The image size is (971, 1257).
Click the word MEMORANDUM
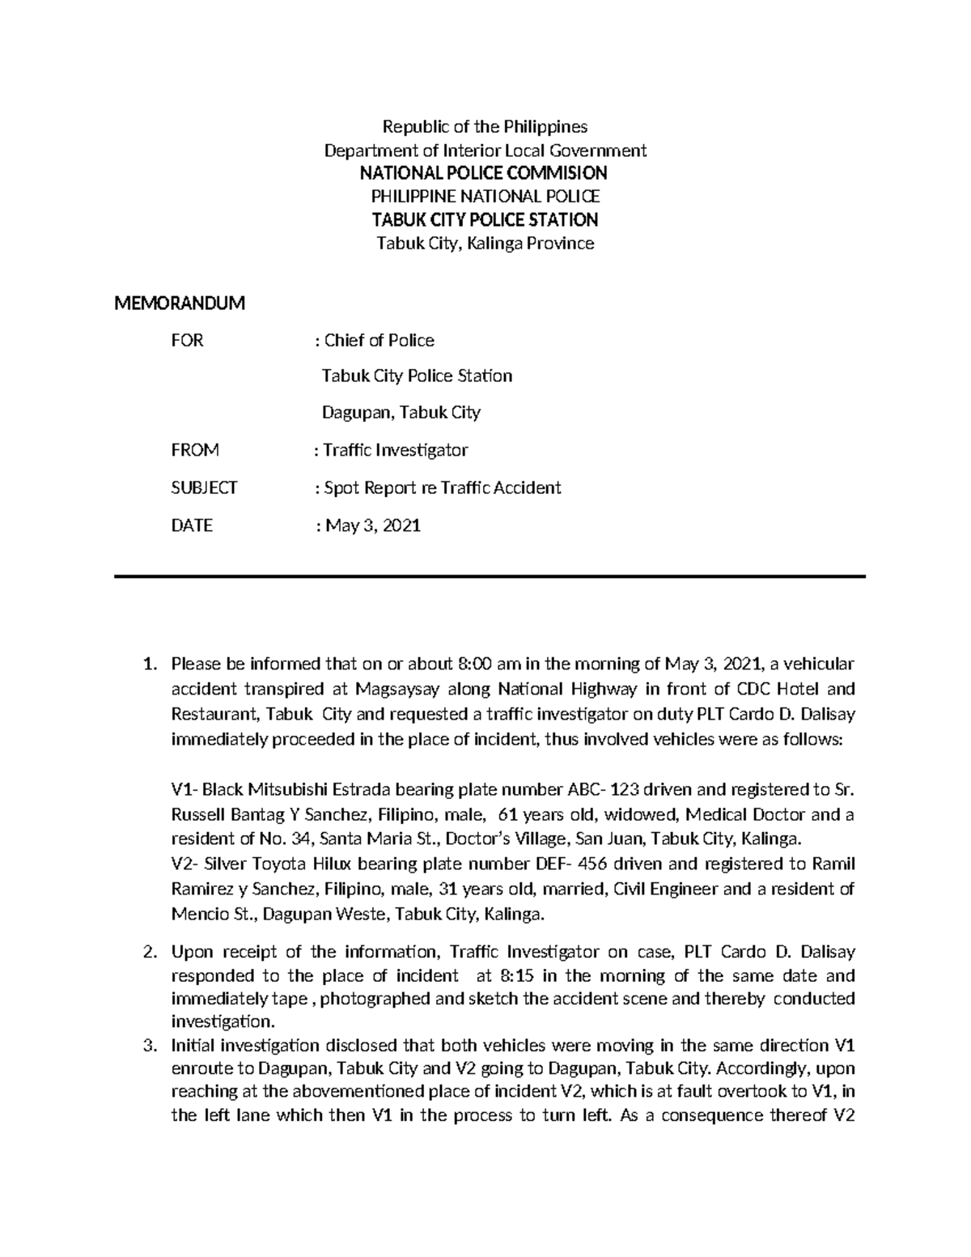(179, 304)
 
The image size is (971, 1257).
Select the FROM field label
(195, 450)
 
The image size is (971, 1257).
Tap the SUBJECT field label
(204, 487)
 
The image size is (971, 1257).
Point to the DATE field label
(192, 525)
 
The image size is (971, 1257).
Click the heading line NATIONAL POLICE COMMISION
(484, 172)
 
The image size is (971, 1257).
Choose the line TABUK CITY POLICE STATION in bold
(484, 219)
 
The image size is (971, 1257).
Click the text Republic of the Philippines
(485, 126)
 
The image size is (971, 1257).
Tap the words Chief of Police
(379, 340)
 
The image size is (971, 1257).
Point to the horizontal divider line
(490, 576)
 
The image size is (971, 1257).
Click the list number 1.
(148, 665)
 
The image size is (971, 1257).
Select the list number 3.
(148, 1045)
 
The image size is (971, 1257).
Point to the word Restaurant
(210, 715)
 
